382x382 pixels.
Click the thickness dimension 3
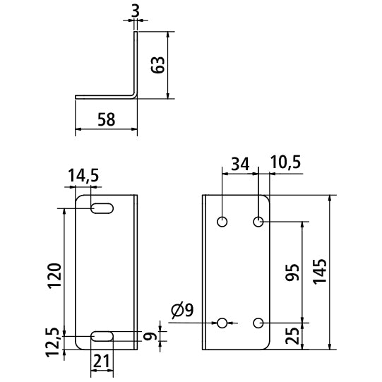click(x=136, y=11)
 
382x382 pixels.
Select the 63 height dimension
click(x=157, y=65)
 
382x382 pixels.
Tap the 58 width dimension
click(x=106, y=119)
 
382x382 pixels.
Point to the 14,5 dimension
click(x=83, y=176)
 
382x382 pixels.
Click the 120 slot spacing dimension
click(x=54, y=276)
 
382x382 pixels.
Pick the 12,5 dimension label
click(x=53, y=342)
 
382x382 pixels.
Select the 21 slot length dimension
click(x=101, y=362)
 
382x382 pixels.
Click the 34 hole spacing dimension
click(x=240, y=164)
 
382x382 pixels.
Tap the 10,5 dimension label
click(x=285, y=162)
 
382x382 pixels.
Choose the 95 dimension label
click(x=292, y=272)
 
